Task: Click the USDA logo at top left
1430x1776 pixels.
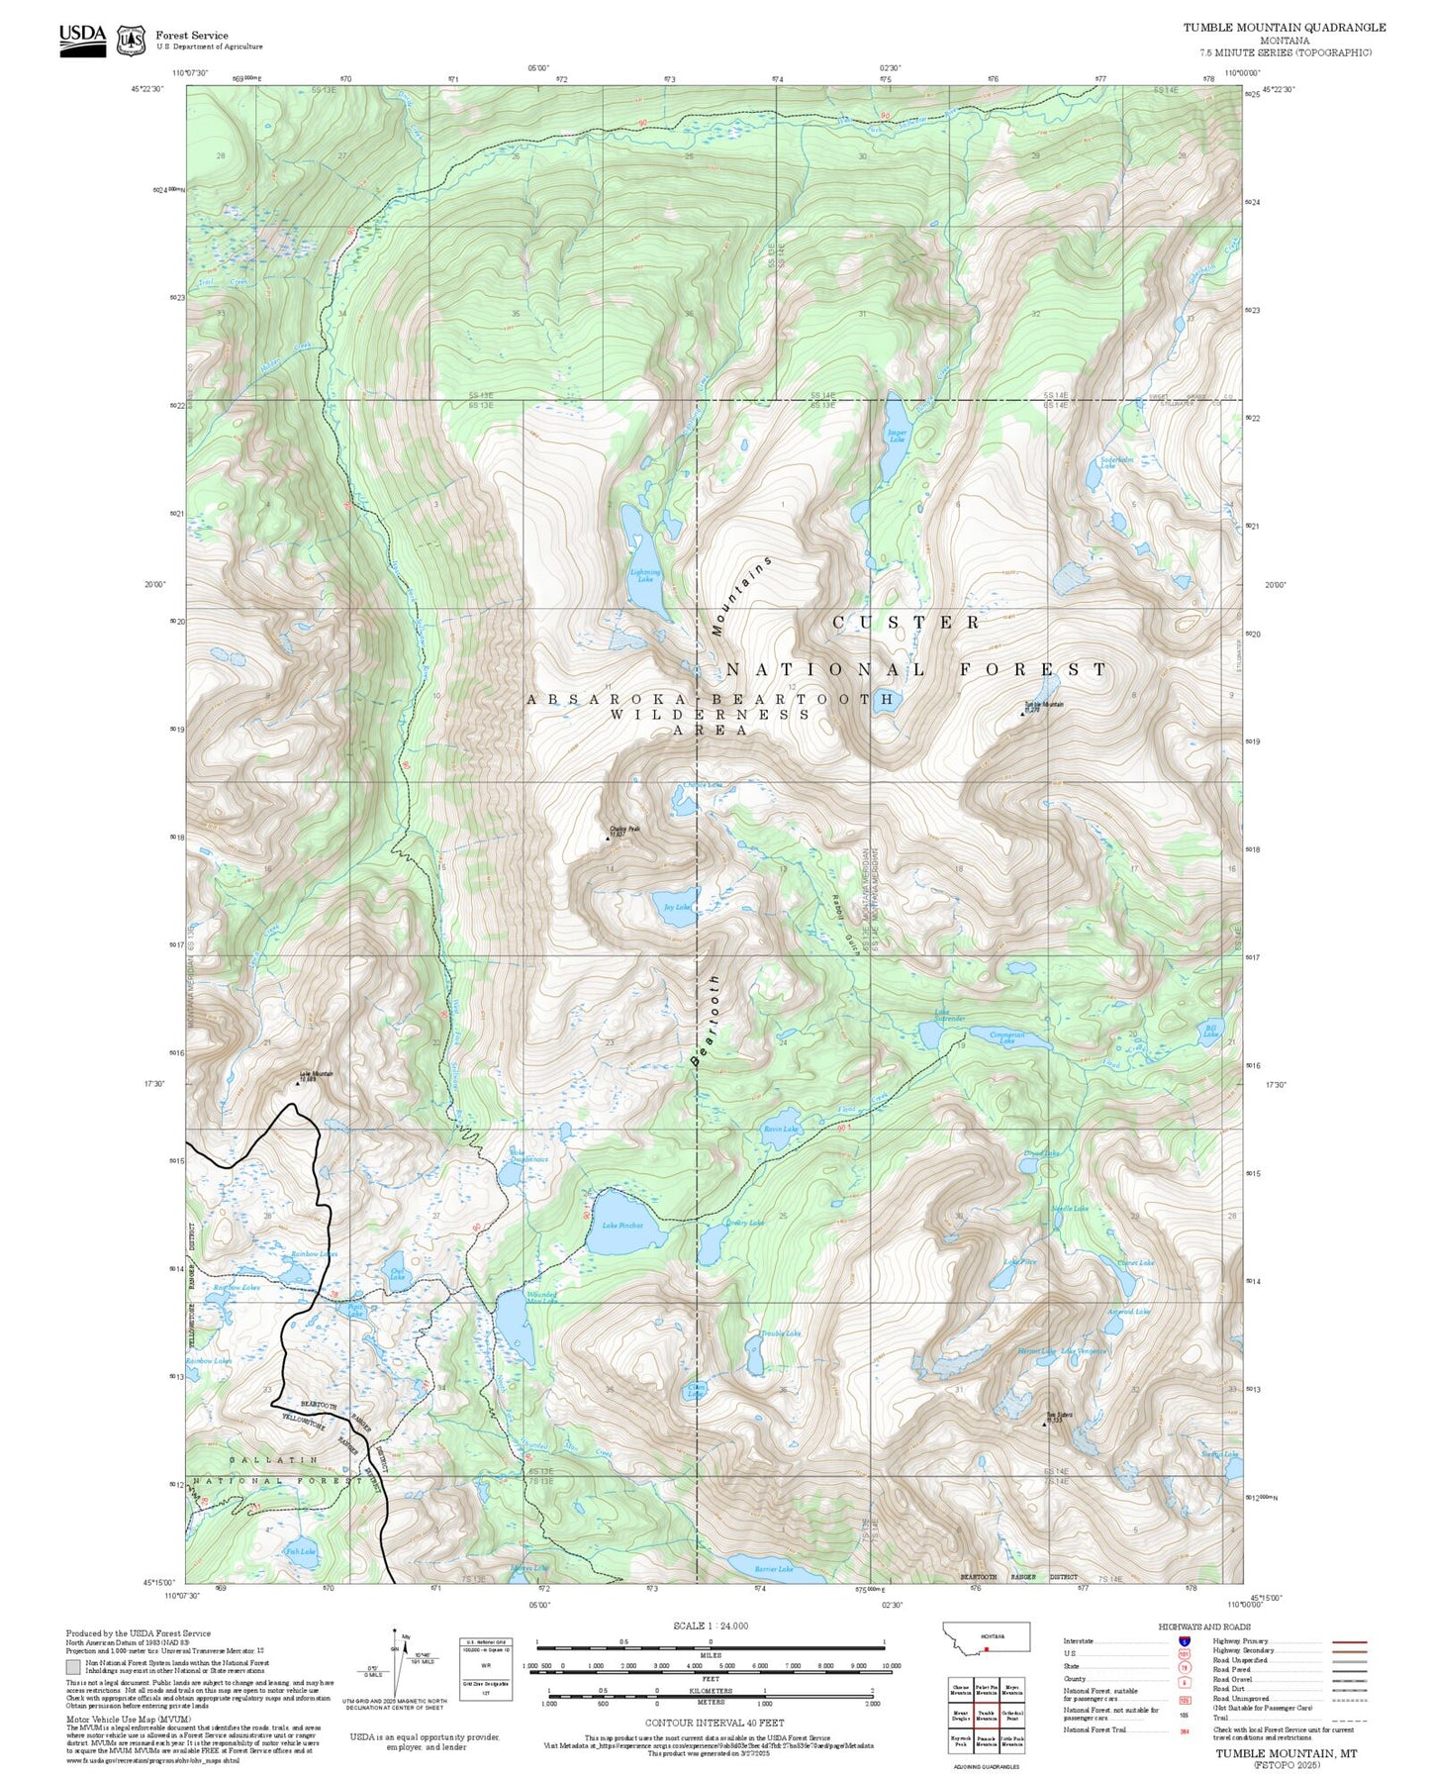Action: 82,40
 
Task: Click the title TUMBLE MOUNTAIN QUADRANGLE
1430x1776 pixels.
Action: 1284,28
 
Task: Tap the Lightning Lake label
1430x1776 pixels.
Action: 644,575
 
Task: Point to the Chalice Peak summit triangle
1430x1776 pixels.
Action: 608,839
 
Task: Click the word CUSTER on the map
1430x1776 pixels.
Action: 906,622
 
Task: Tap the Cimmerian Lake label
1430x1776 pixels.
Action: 1006,1037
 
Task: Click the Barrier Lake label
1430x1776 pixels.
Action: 774,1569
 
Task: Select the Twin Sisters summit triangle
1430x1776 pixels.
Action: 1045,1426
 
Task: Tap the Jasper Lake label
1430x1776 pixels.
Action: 897,436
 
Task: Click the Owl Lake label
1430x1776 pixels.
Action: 397,1275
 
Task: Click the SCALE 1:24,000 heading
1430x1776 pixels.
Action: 711,1626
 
